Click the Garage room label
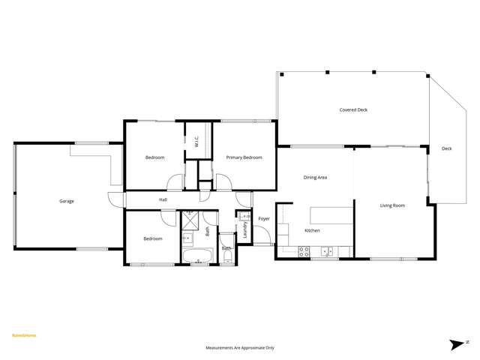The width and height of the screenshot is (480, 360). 67,201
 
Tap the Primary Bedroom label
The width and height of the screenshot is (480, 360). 244,157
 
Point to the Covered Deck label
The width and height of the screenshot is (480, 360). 353,110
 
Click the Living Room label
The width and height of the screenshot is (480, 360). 392,205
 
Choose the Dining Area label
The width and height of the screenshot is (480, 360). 315,178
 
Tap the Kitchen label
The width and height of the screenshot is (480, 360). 312,230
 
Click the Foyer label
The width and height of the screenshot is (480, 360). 264,218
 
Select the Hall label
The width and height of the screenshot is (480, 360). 163,199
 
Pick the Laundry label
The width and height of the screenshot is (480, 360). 245,229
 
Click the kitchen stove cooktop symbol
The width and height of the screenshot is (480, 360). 304,252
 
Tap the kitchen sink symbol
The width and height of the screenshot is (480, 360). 328,251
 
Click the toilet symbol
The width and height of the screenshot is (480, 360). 227,256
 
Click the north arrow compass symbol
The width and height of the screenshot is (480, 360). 457,344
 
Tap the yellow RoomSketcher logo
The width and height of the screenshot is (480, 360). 24,335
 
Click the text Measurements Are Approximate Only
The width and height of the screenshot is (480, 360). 240,348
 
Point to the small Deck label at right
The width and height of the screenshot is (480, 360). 447,148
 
